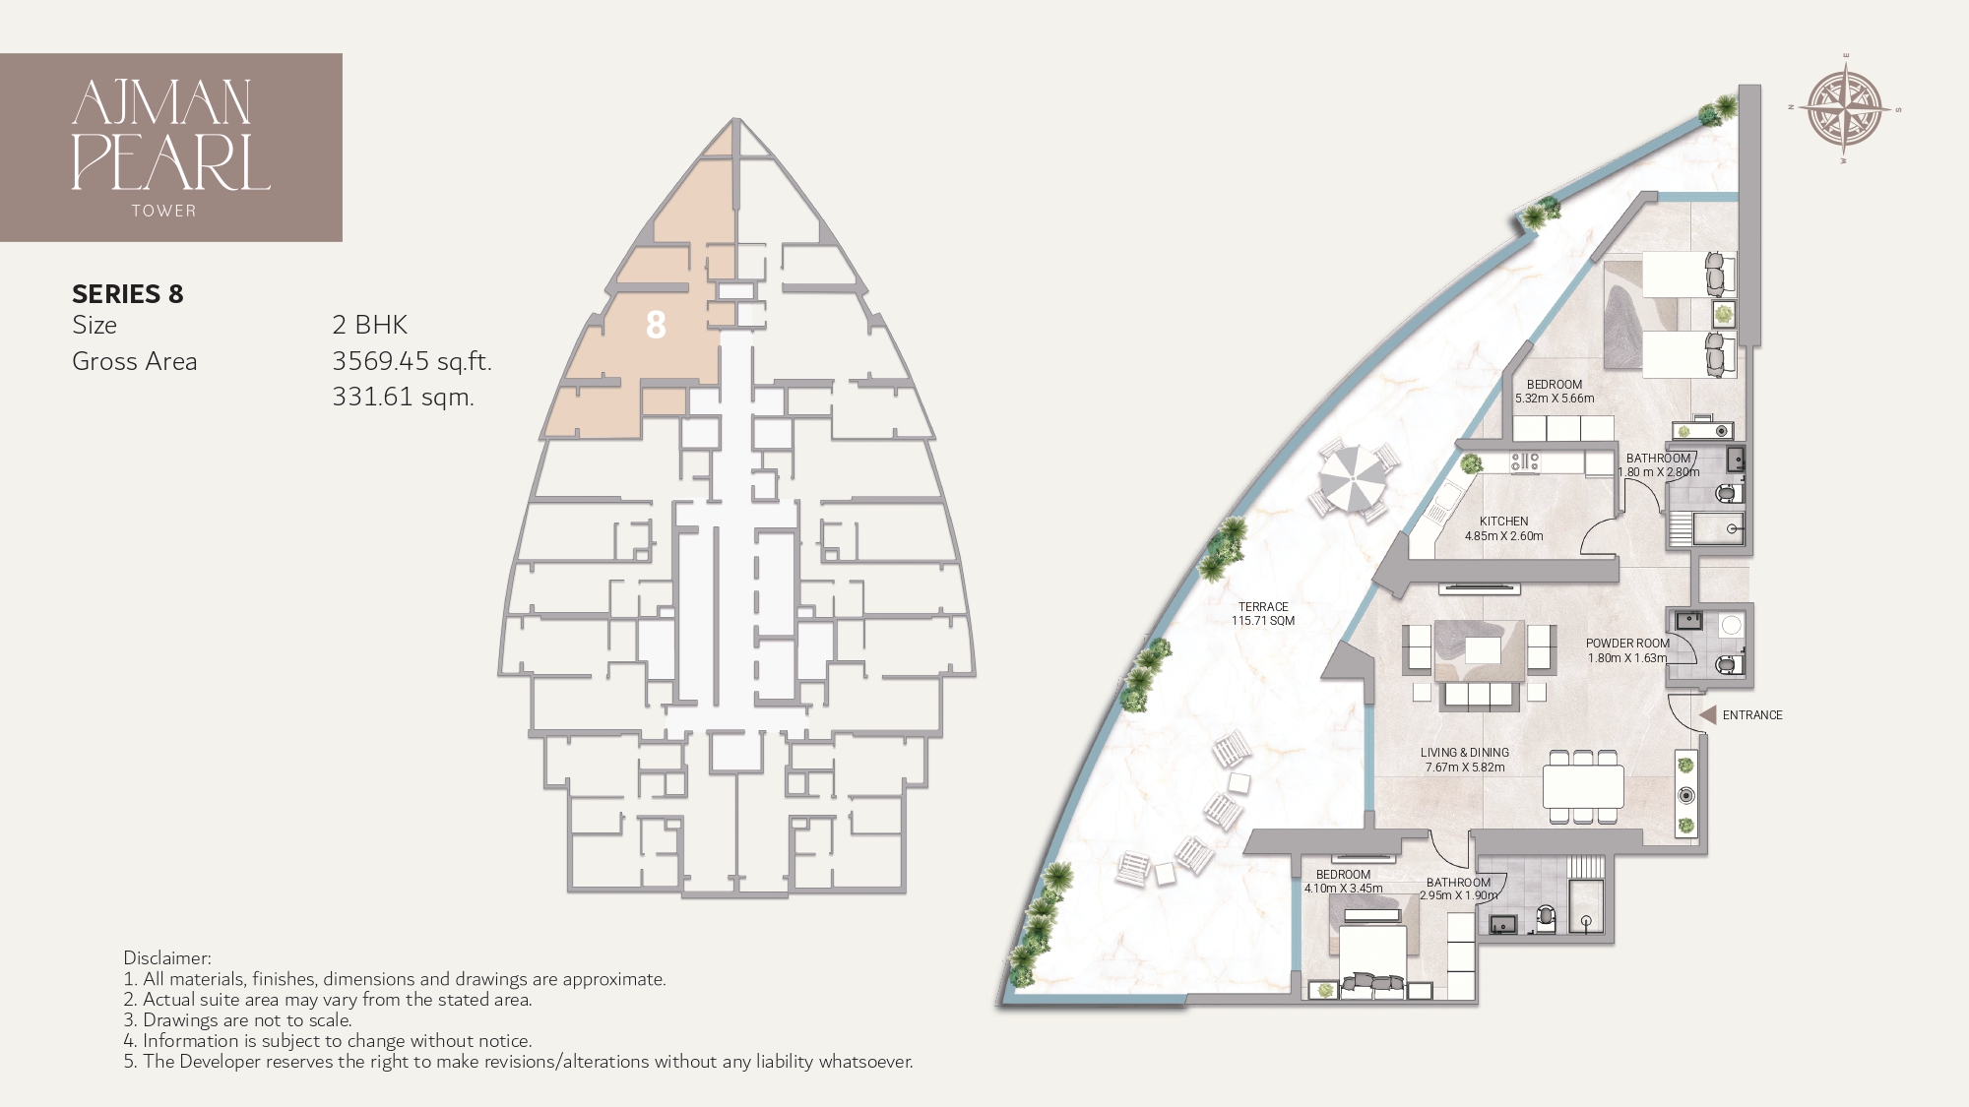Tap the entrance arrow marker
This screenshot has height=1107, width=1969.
click(1708, 715)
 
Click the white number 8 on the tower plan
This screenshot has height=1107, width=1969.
click(656, 325)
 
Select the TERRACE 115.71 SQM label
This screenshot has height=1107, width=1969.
click(1263, 614)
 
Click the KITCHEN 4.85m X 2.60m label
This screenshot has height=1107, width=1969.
click(1503, 529)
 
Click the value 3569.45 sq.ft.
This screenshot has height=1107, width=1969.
click(412, 361)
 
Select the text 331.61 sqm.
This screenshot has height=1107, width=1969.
click(403, 398)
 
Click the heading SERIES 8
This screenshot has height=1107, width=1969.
click(128, 294)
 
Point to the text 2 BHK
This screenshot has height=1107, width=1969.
click(369, 325)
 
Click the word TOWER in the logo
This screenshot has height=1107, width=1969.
click(164, 211)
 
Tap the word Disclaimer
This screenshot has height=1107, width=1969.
click(166, 957)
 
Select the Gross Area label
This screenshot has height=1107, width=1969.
click(135, 361)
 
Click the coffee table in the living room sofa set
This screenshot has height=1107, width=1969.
click(1483, 650)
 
